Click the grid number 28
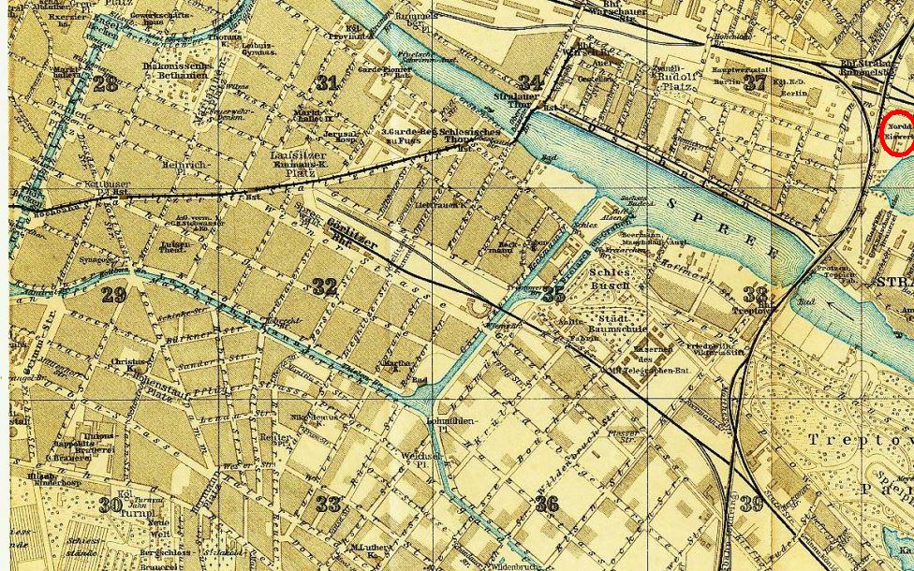106,83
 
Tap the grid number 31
326,82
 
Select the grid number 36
547,505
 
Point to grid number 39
752,504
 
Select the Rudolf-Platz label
673,82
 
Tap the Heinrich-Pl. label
186,168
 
